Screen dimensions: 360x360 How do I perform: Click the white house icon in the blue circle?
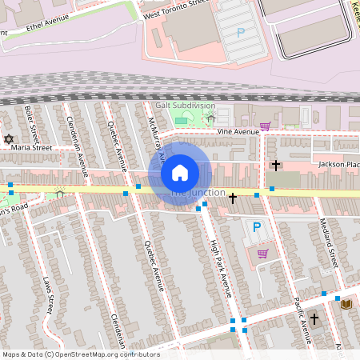click(180, 172)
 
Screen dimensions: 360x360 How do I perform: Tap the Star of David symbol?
click(10, 139)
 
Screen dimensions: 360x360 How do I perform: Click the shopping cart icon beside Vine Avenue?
click(265, 126)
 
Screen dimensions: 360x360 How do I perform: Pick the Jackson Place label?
click(337, 164)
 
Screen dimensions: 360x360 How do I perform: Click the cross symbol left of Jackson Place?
click(276, 166)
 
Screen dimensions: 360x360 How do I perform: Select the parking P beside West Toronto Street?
click(240, 33)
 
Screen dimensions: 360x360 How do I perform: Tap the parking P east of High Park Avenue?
click(257, 227)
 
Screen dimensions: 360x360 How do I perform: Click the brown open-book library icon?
click(346, 304)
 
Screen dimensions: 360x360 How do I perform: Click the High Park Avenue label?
click(220, 268)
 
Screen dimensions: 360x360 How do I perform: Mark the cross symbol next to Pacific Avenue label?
click(314, 319)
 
